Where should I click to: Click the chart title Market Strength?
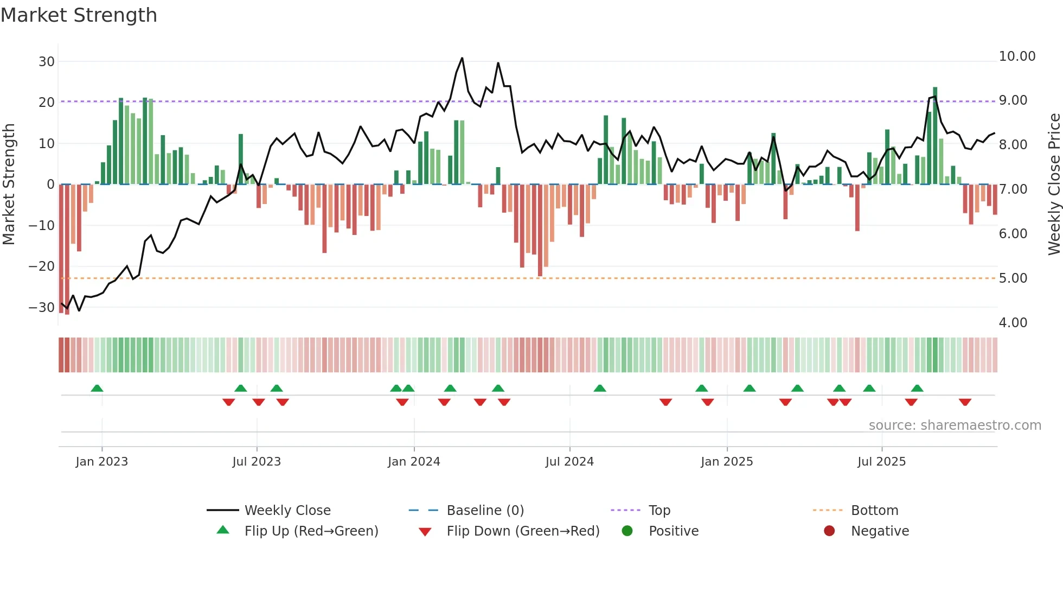[x=79, y=15]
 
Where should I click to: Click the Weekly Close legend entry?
[x=287, y=510]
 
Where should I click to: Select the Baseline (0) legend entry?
[x=485, y=510]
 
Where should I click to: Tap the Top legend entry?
[x=659, y=510]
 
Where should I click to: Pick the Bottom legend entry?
[x=874, y=510]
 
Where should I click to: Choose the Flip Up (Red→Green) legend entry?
[x=311, y=531]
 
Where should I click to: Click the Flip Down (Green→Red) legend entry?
[x=523, y=531]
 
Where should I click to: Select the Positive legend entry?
[x=673, y=531]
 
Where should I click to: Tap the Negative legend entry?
[x=880, y=531]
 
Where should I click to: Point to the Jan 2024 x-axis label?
[x=414, y=461]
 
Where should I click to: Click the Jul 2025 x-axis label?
[x=881, y=461]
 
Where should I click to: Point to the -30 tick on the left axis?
[x=42, y=307]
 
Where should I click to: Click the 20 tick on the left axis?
[x=46, y=102]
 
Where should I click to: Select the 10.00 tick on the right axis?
[x=1017, y=56]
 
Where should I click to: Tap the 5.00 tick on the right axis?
[x=1013, y=278]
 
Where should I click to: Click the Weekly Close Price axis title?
[x=1054, y=184]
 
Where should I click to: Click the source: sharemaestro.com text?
[x=955, y=425]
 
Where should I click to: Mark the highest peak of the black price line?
[x=462, y=58]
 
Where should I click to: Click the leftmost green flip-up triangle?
[x=97, y=388]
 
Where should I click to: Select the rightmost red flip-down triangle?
[x=965, y=402]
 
